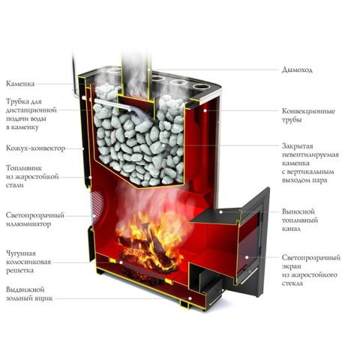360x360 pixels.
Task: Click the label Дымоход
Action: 297,70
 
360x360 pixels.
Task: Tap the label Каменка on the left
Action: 20,83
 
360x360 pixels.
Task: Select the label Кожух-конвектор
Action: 35,148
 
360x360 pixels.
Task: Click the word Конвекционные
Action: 308,111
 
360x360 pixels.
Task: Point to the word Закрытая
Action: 298,146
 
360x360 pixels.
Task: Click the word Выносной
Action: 298,211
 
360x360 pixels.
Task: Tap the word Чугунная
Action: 21,253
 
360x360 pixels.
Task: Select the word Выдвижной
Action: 25,289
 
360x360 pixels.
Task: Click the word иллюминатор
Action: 28,224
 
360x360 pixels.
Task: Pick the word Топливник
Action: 24,168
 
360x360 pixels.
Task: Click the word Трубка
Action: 17,102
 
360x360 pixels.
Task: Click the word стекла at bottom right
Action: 292,283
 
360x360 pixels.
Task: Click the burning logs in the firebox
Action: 148,250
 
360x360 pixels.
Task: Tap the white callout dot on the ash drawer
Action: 190,298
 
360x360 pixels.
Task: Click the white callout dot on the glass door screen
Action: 247,257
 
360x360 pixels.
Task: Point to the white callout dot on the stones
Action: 163,145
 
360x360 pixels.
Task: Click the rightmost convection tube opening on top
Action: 201,87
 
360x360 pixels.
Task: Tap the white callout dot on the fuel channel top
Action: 221,211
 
